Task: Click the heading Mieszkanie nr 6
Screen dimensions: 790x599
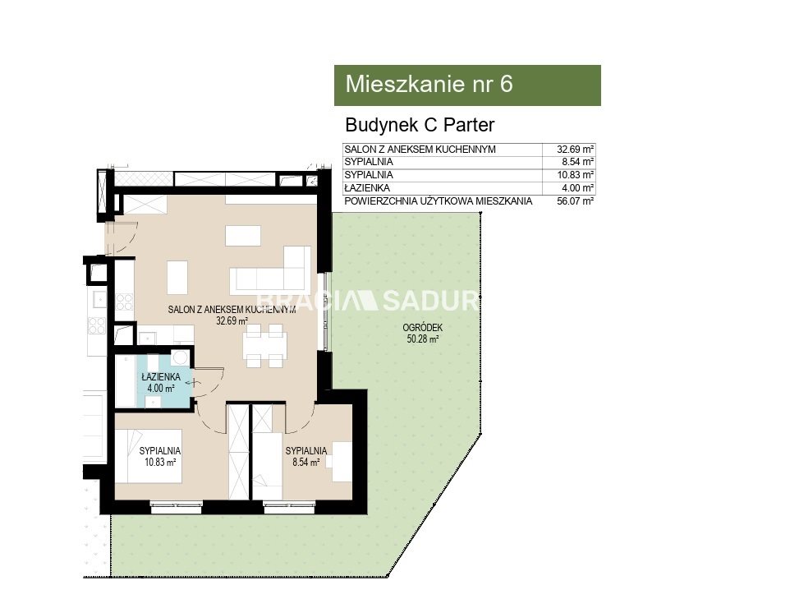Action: (429, 84)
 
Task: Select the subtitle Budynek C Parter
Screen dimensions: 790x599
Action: (420, 125)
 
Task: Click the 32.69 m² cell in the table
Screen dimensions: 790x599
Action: (575, 150)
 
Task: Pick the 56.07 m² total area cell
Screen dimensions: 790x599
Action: (575, 201)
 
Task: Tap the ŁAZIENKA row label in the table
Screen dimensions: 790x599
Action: (367, 188)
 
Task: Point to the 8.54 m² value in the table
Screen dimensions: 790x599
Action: (578, 162)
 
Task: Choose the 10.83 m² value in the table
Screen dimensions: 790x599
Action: (575, 175)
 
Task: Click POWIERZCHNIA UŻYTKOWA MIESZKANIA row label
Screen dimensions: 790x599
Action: (438, 201)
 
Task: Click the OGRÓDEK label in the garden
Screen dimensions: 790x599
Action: (422, 328)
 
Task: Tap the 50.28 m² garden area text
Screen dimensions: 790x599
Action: (423, 339)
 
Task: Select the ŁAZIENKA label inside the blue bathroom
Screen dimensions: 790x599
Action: (161, 376)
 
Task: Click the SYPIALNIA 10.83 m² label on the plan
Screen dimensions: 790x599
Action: (159, 456)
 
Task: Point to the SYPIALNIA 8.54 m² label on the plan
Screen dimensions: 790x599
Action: (305, 456)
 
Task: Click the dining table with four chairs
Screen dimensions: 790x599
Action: (264, 345)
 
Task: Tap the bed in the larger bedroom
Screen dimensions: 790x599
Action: (148, 456)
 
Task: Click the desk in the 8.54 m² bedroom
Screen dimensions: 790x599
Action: (342, 461)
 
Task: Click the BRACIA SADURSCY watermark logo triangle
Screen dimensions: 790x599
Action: (367, 301)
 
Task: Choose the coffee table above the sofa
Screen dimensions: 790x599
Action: (243, 236)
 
